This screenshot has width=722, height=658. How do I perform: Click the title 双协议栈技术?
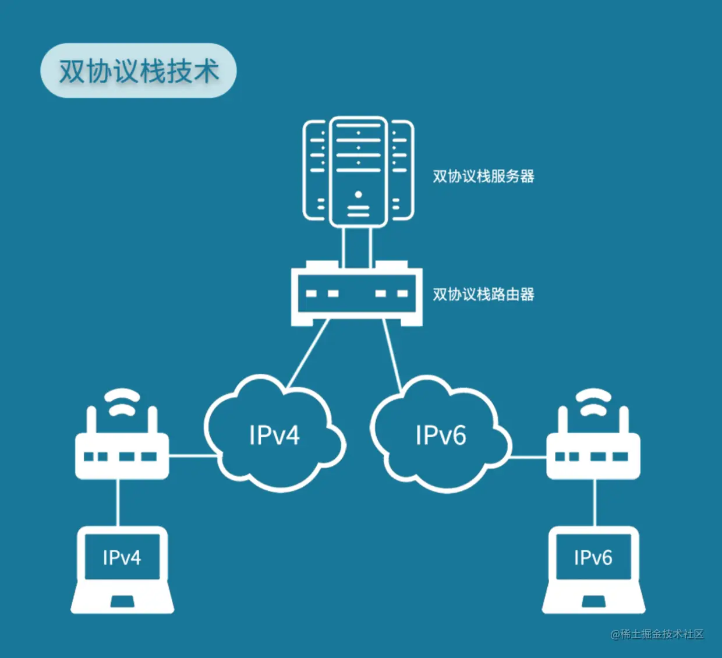[139, 70]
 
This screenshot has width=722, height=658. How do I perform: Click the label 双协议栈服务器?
[483, 176]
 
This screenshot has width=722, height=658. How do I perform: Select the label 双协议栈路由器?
[483, 295]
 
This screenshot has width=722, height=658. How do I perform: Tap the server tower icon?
[358, 172]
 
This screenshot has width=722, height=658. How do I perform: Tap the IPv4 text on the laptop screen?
[122, 558]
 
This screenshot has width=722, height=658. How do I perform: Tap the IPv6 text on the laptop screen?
[593, 558]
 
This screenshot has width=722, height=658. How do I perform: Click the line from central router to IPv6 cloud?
[392, 355]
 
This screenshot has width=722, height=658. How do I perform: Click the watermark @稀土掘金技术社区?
[657, 634]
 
